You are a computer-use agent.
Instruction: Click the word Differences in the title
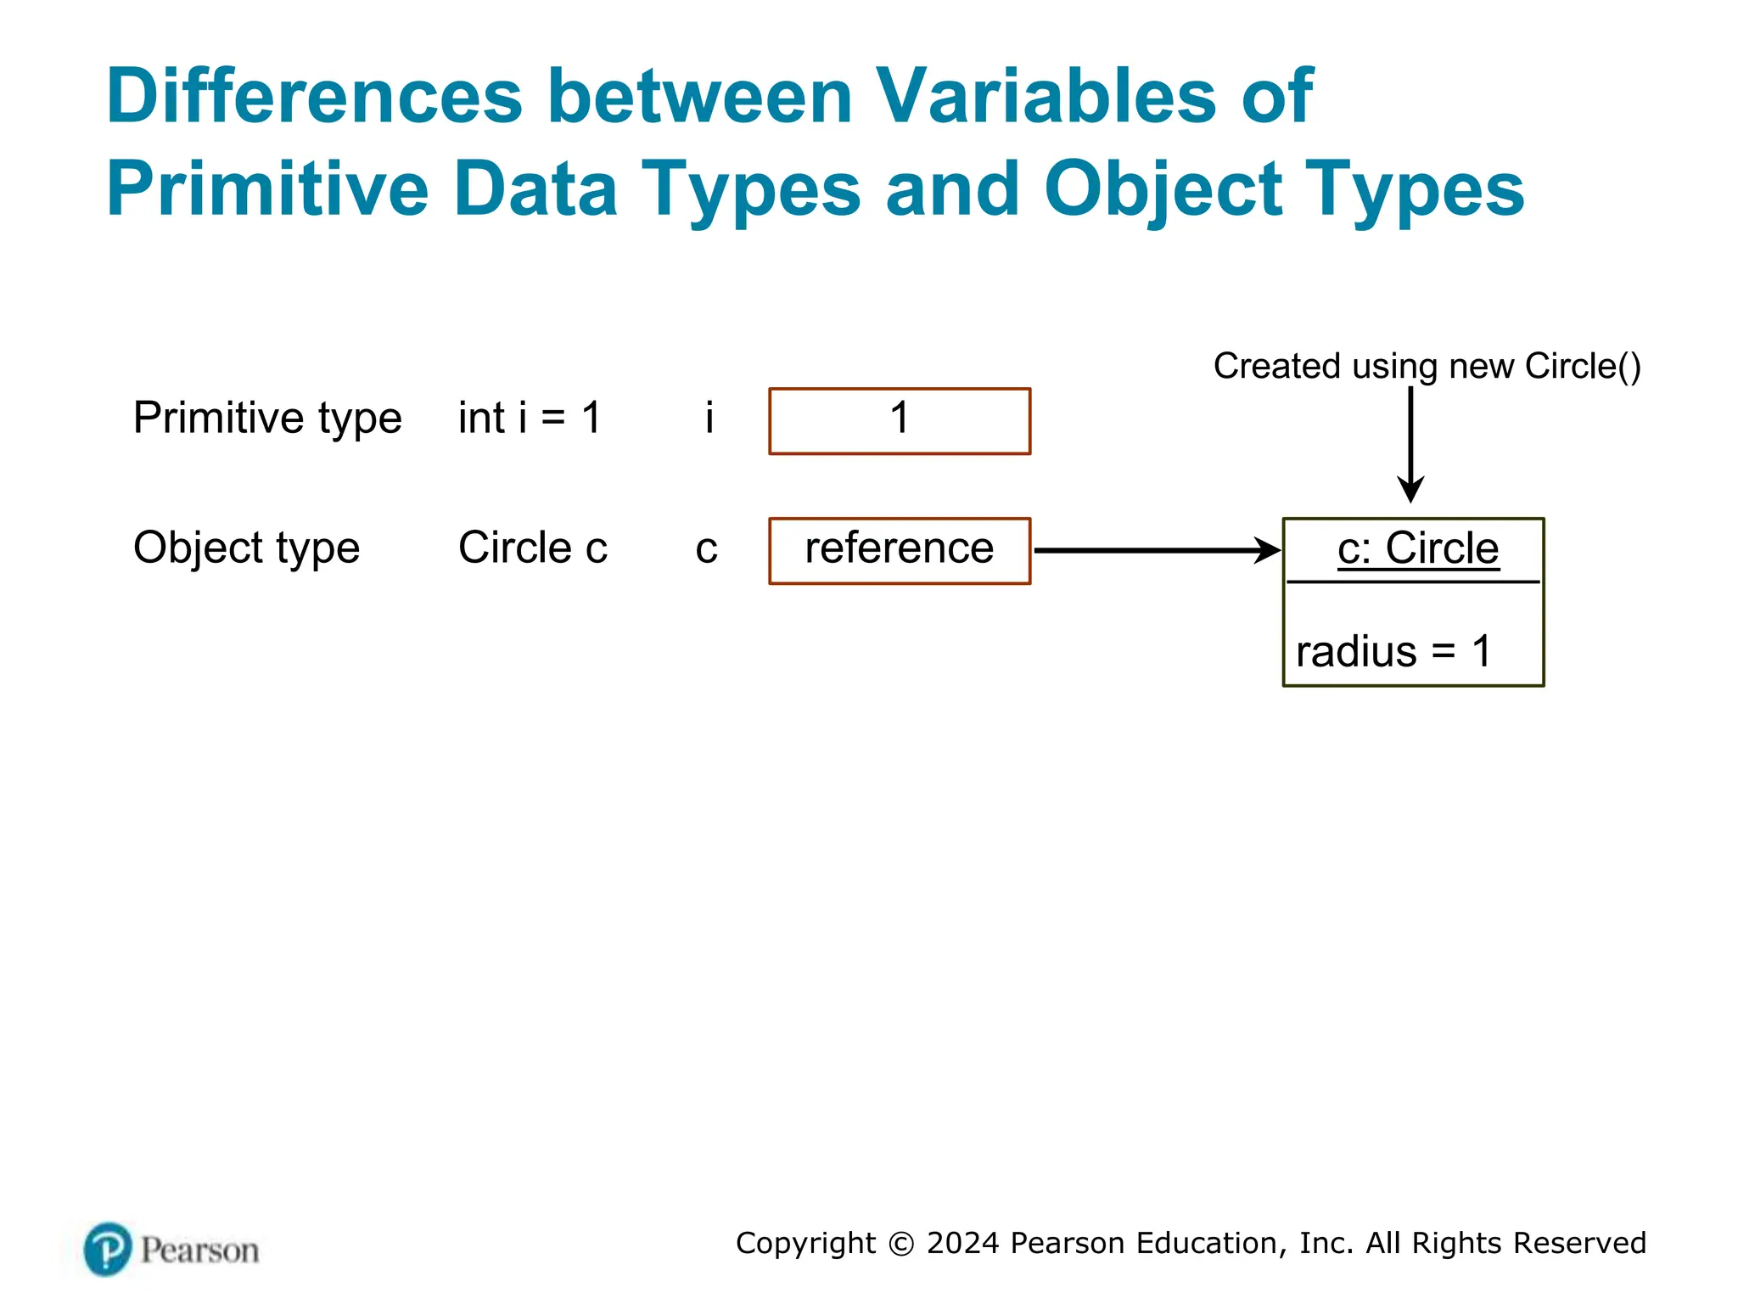point(314,96)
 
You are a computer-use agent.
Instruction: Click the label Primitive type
point(267,418)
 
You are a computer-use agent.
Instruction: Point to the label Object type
point(246,548)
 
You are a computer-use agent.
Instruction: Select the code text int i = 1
point(530,418)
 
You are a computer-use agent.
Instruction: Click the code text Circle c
point(533,548)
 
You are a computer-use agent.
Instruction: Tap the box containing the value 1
point(900,421)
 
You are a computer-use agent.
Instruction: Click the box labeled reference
point(900,550)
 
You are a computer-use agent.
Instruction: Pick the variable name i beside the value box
point(709,418)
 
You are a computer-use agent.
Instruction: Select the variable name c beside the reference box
point(706,549)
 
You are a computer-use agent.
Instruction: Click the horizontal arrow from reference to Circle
point(1154,550)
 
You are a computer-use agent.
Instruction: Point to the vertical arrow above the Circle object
point(1410,441)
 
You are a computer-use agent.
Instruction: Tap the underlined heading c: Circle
point(1417,548)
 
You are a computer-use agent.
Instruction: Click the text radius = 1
point(1393,652)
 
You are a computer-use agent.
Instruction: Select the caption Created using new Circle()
point(1427,366)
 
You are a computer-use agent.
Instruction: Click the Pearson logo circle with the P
point(108,1249)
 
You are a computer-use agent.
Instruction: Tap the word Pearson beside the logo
point(199,1251)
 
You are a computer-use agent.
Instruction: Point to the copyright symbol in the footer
point(901,1244)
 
